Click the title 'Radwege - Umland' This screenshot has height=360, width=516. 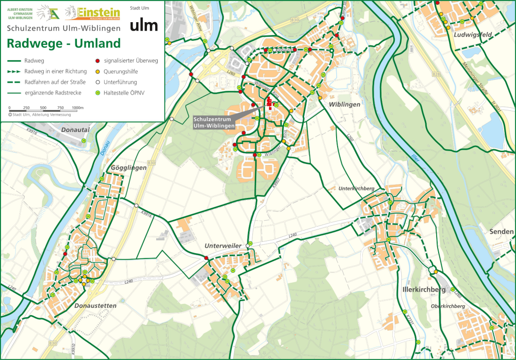[64, 43]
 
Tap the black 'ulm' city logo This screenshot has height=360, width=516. [143, 25]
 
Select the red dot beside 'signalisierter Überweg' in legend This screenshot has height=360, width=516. [98, 61]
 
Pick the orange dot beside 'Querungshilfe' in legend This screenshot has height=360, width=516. [98, 71]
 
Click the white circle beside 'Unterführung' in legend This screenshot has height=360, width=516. [98, 82]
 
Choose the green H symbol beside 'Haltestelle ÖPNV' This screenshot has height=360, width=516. [98, 93]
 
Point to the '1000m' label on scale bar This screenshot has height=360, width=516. [78, 107]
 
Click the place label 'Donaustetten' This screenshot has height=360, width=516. [95, 305]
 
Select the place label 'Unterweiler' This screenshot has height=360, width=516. [223, 246]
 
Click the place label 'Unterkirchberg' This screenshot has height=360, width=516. [357, 189]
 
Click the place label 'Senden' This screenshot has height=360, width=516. [502, 231]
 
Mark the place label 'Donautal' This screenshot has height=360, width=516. [75, 130]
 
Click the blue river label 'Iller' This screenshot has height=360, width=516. [414, 159]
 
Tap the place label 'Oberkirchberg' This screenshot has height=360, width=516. [447, 306]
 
